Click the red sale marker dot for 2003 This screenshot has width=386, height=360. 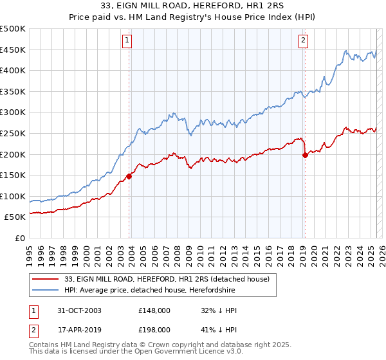[129, 175]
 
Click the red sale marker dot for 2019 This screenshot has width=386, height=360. [305, 155]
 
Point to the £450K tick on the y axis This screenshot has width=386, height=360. [14, 50]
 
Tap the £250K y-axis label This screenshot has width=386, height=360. [14, 134]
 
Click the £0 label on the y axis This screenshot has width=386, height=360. [20, 239]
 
